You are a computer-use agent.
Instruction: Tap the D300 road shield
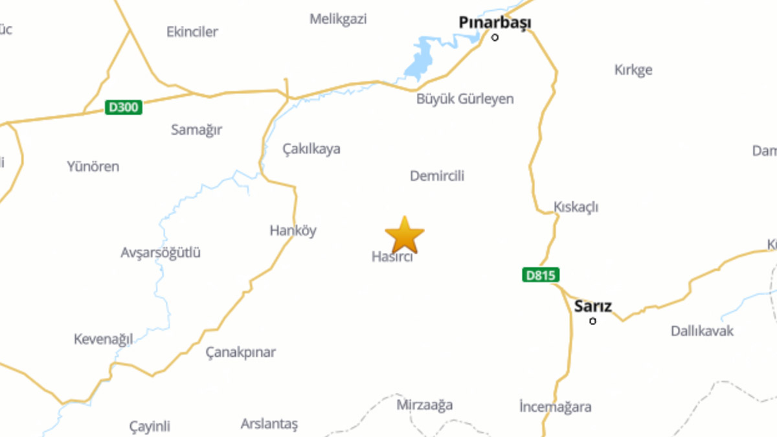123,107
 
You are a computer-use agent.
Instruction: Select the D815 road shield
540,275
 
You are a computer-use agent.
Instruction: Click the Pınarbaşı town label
495,23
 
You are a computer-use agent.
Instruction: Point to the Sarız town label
592,306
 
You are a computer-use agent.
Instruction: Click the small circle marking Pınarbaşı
495,38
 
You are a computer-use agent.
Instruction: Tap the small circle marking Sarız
592,321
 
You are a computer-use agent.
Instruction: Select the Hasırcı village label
392,256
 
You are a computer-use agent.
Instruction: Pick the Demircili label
437,176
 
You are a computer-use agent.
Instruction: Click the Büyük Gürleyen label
465,99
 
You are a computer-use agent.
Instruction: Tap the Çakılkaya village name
311,149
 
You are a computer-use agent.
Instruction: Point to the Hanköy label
293,230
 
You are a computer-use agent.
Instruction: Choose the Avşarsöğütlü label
161,252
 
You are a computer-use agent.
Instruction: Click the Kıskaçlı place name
576,207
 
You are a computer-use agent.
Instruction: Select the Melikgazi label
338,19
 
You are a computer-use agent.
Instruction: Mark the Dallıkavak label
702,331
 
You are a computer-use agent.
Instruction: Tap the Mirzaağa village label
424,405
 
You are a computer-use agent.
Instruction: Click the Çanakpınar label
240,352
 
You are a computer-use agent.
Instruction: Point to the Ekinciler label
192,32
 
